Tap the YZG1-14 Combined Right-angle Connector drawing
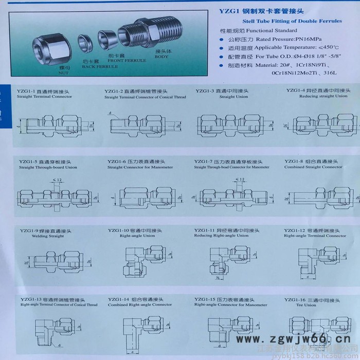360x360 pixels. click(x=137, y=329)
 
